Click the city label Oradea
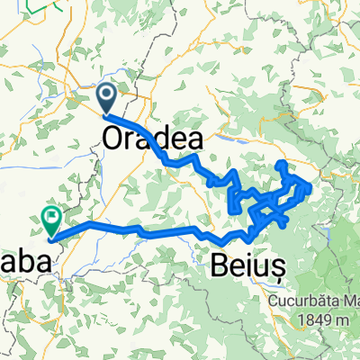point(152,140)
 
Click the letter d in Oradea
point(164,140)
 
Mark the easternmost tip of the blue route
point(311,186)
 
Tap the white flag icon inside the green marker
point(50,214)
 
